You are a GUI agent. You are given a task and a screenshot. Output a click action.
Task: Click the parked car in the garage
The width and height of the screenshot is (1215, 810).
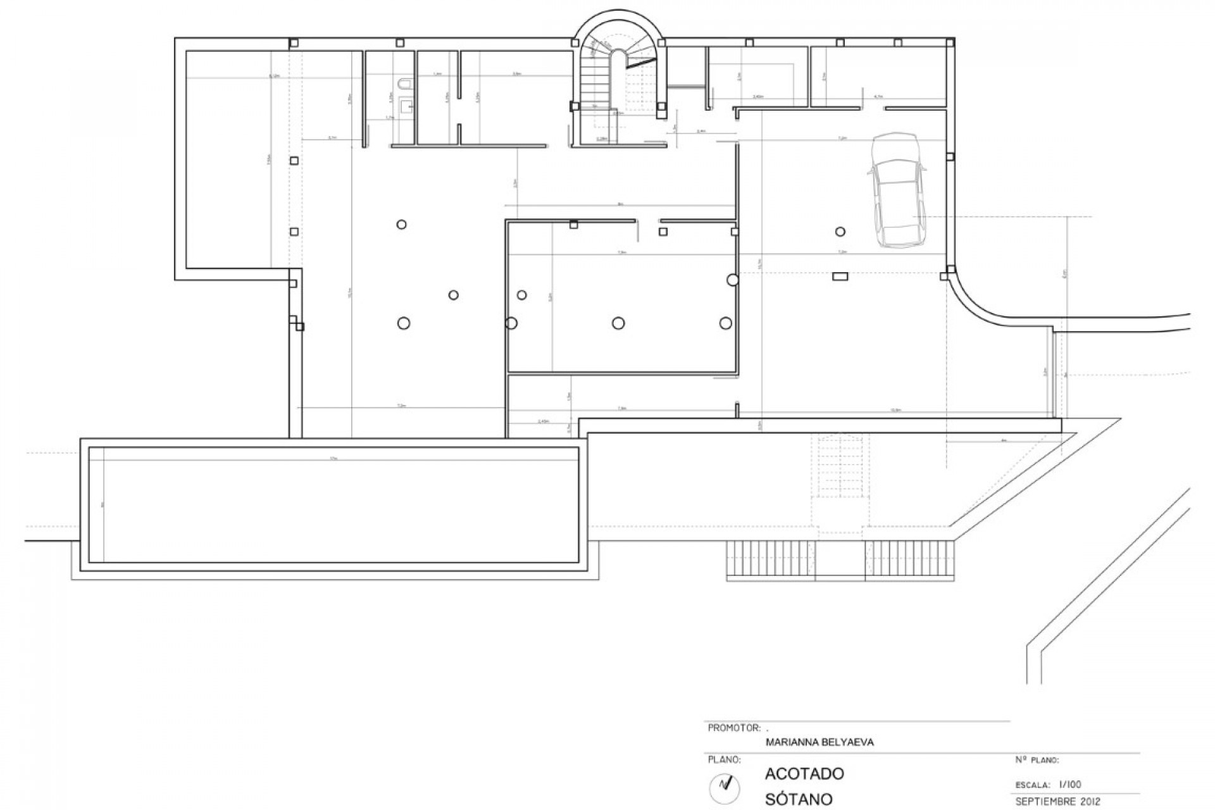click(898, 189)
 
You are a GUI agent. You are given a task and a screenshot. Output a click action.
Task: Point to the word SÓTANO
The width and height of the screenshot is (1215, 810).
click(798, 799)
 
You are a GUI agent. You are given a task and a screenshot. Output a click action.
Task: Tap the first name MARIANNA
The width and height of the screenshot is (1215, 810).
click(787, 742)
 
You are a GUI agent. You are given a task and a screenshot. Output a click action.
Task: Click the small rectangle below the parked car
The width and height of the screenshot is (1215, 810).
click(840, 275)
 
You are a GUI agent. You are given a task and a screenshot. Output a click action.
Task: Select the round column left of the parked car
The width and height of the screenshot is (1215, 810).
click(840, 231)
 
